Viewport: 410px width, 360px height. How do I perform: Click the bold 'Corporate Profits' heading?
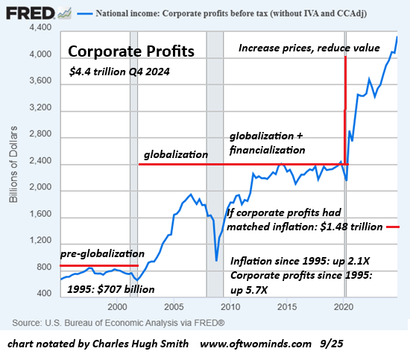point(131,52)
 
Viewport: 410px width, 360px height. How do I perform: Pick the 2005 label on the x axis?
point(174,306)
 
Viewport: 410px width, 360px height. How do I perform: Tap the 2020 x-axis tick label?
point(342,306)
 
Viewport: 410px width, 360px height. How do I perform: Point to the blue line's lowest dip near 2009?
point(215,260)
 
